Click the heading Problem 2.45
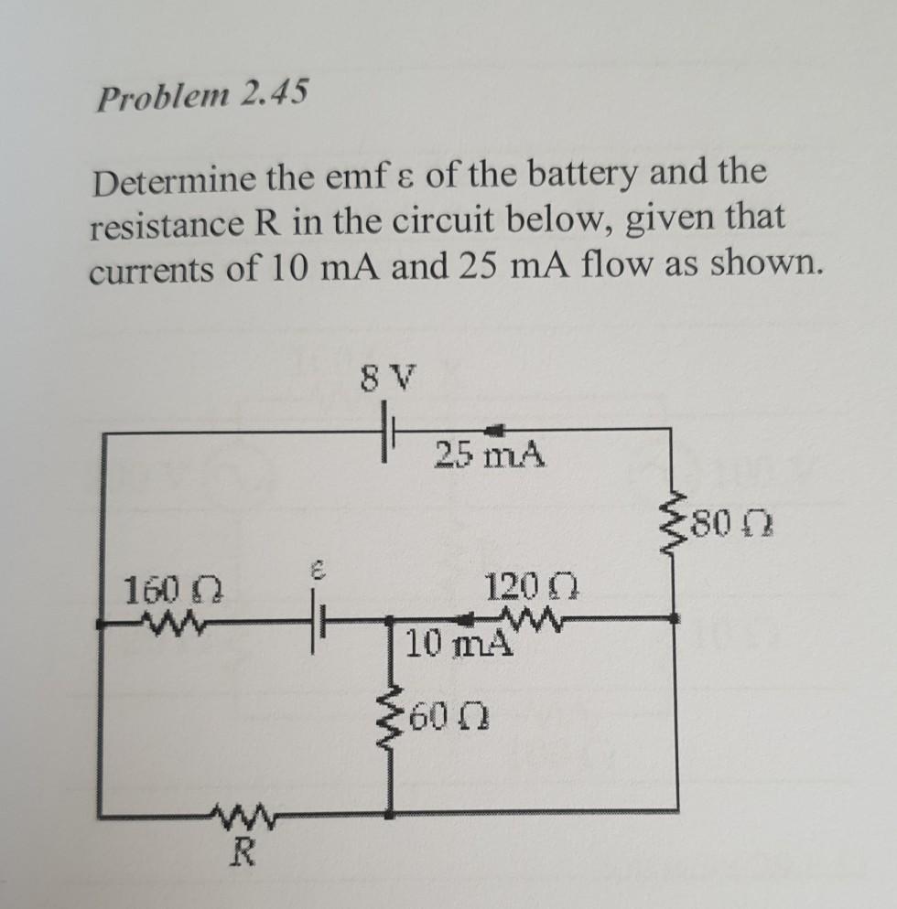tap(203, 95)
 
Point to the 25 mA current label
tap(492, 454)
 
